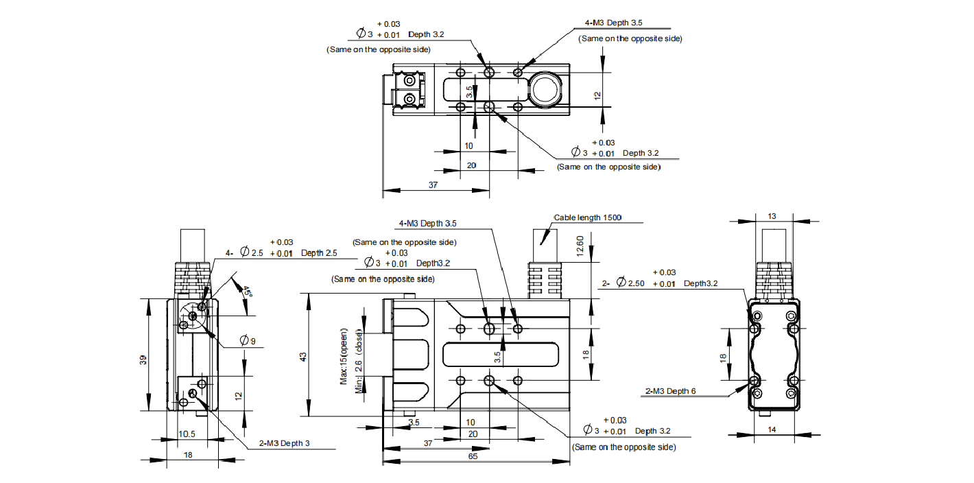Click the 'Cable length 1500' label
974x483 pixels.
click(x=587, y=217)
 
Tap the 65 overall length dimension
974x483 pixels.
click(x=473, y=456)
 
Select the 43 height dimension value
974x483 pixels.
click(x=303, y=357)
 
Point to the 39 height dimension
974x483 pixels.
click(x=143, y=360)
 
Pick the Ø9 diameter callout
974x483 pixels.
click(x=248, y=340)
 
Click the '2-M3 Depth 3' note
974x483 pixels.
click(x=285, y=443)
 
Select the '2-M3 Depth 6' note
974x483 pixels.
click(x=671, y=391)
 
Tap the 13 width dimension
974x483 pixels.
click(x=772, y=216)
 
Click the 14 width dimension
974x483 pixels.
click(x=772, y=429)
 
